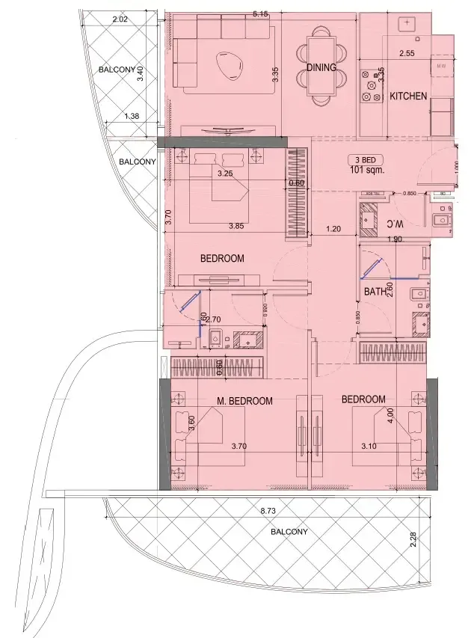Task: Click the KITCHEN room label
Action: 408,96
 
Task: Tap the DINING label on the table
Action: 321,67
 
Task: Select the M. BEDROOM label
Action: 244,401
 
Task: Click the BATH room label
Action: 375,292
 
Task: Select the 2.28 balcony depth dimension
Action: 413,539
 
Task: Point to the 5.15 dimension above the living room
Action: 260,14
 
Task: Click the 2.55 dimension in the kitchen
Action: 407,54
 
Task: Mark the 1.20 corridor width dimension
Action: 333,230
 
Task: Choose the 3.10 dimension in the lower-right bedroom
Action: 369,447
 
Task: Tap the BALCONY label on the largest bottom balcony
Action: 289,532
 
